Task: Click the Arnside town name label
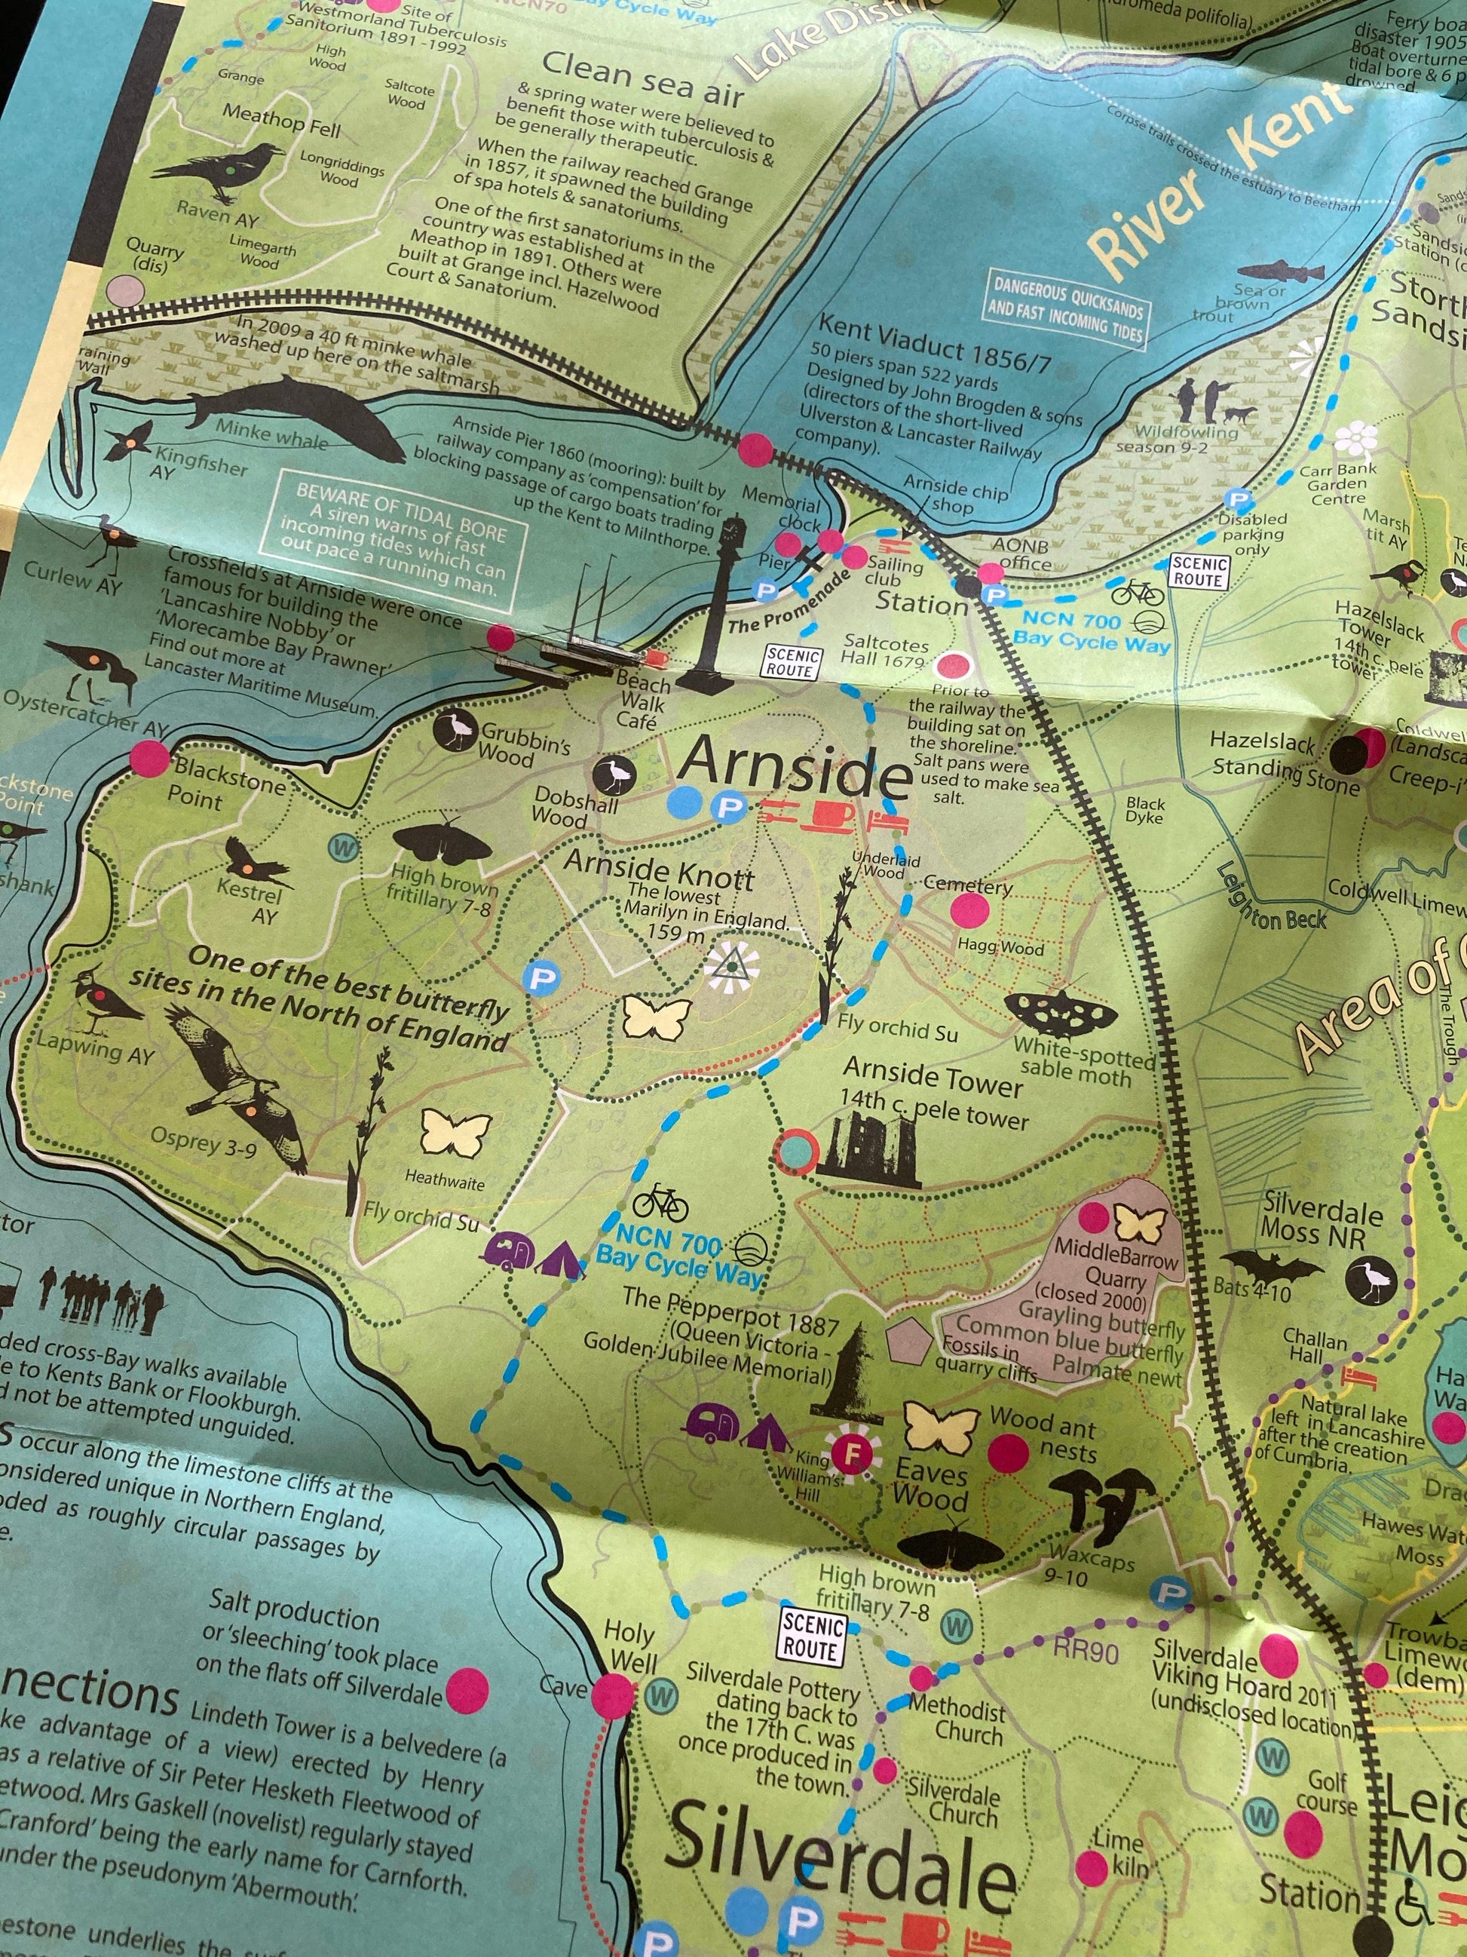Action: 794,767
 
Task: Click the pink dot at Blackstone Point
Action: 149,757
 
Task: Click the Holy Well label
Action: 629,1646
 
